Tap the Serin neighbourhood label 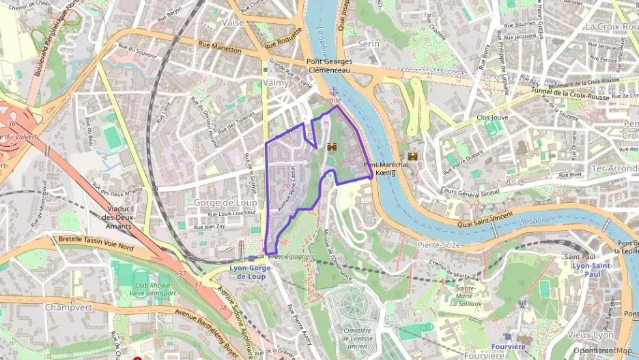pyautogui.click(x=369, y=43)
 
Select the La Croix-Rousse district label pyautogui.click(x=610, y=26)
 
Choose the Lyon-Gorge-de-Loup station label pyautogui.click(x=252, y=272)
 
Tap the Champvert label pyautogui.click(x=68, y=307)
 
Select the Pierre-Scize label pyautogui.click(x=439, y=245)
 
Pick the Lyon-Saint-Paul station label pyautogui.click(x=591, y=269)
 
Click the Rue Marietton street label pyautogui.click(x=220, y=49)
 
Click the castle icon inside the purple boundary pyautogui.click(x=332, y=147)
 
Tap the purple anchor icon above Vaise pyautogui.click(x=334, y=91)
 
